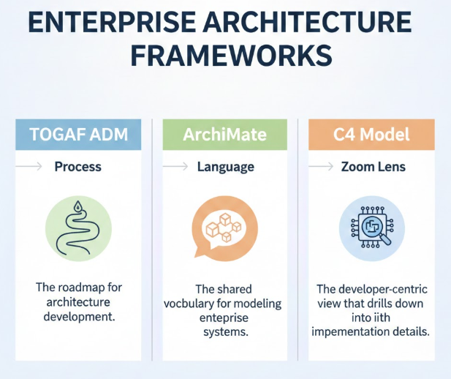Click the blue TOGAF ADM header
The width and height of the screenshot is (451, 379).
(x=77, y=135)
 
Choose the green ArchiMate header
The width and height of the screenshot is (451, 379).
(x=225, y=135)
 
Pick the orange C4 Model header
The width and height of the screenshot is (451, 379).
(x=372, y=135)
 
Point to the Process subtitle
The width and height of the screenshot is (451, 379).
(x=78, y=167)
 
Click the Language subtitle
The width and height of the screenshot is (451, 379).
(x=226, y=167)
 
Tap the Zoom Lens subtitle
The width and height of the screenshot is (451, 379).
(x=373, y=167)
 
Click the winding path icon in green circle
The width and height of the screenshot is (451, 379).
(x=78, y=226)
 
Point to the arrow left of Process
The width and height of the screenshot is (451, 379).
(x=29, y=167)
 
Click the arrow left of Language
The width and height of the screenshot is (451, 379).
(x=175, y=167)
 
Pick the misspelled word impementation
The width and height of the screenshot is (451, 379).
(x=352, y=331)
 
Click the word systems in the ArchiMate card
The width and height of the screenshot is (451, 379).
(x=225, y=333)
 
